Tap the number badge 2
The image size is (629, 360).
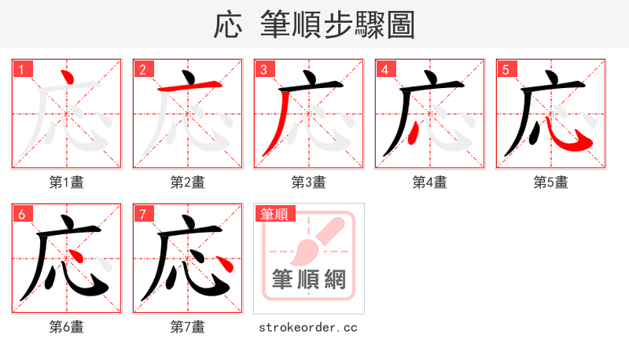point(143,69)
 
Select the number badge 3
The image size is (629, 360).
point(264,69)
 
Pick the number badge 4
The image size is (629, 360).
point(385,69)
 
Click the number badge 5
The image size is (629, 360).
point(506,69)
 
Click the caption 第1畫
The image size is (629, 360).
point(67,182)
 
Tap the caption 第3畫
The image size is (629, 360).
point(309,182)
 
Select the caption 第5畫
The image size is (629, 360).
point(551,182)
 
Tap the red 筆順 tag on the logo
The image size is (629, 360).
point(274,214)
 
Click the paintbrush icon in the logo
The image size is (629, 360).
point(314,240)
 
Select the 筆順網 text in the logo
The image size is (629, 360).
point(309,279)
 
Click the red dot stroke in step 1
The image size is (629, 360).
point(68,79)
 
